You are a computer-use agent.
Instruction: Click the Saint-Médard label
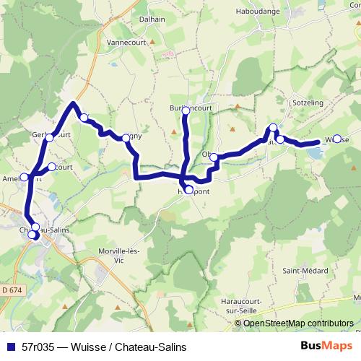point(303,271)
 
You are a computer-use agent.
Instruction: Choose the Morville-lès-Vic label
point(122,256)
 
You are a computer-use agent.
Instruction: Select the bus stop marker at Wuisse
point(337,139)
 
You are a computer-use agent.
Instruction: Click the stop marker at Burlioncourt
point(186,110)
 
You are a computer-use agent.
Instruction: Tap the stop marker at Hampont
point(189,191)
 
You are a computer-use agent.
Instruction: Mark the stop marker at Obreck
point(214,157)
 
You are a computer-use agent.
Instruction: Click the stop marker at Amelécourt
point(24,177)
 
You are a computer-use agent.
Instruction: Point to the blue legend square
point(11,347)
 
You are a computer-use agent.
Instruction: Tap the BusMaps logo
point(326,347)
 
